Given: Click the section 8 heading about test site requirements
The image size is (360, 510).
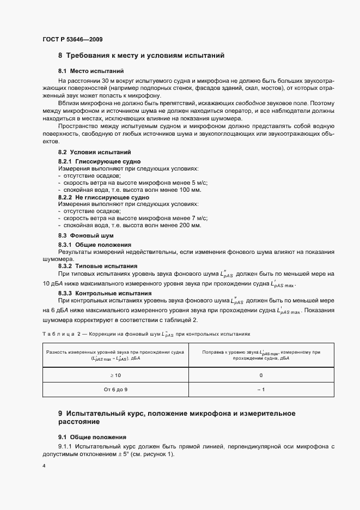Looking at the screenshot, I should (141, 56).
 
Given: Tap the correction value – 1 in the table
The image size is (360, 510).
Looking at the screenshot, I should (261, 390).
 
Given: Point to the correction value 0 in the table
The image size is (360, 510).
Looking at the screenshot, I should (261, 375).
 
